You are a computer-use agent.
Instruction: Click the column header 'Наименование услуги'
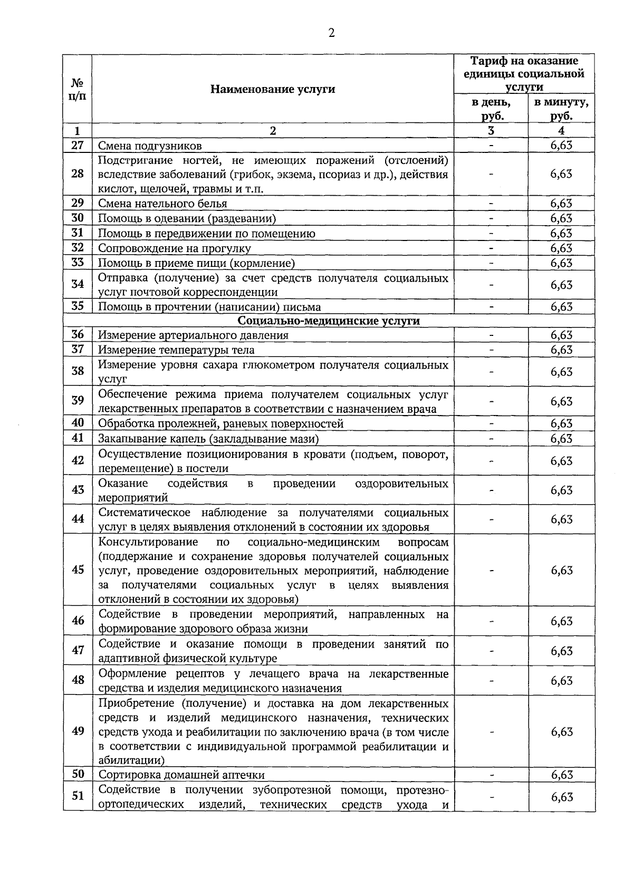[273, 89]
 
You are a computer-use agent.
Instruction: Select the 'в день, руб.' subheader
[491, 109]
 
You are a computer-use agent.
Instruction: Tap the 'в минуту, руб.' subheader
[561, 109]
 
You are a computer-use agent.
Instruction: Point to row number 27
[78, 145]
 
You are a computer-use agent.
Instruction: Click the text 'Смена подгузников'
[150, 146]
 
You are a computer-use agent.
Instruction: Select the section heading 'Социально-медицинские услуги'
[329, 321]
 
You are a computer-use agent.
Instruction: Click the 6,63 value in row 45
[561, 570]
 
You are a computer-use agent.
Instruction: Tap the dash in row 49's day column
[491, 731]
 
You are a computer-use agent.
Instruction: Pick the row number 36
[78, 334]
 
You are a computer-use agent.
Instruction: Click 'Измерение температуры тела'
[176, 350]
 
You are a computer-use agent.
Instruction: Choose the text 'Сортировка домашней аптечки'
[181, 775]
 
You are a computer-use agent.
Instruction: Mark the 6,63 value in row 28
[561, 173]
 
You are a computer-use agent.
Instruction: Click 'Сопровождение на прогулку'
[175, 248]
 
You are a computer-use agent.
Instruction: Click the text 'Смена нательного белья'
[162, 204]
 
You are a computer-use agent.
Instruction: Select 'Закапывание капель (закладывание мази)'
[208, 438]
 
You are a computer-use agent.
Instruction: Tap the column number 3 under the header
[491, 131]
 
